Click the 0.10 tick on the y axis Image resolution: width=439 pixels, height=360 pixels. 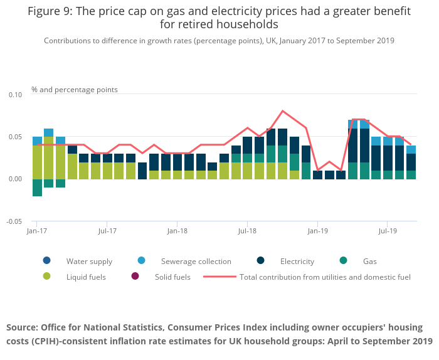click(14, 95)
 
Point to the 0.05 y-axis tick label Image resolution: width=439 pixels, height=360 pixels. click(14, 137)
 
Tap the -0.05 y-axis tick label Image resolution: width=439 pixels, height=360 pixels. click(13, 221)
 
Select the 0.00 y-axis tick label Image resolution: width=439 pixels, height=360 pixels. click(14, 179)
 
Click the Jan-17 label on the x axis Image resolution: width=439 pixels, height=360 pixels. click(37, 231)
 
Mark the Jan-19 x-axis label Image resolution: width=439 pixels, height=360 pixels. click(317, 231)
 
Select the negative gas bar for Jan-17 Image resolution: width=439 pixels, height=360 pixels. click(37, 188)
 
